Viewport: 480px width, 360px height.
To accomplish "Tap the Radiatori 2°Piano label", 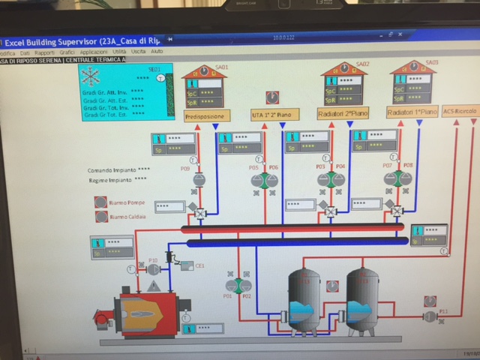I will point(343,114).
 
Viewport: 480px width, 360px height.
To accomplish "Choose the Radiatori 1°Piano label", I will point(411,112).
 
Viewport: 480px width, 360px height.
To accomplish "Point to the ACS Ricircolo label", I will point(459,112).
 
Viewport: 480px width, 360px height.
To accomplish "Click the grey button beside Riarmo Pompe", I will point(100,202).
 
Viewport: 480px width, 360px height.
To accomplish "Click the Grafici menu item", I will point(67,52).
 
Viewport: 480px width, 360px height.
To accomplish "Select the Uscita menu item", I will point(137,52).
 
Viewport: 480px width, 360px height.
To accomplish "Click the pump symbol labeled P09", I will point(199,180).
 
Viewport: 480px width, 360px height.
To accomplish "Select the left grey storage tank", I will point(304,300).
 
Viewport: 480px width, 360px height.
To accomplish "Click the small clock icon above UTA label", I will point(272,96).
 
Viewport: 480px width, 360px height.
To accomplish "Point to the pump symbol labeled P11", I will point(430,316).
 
